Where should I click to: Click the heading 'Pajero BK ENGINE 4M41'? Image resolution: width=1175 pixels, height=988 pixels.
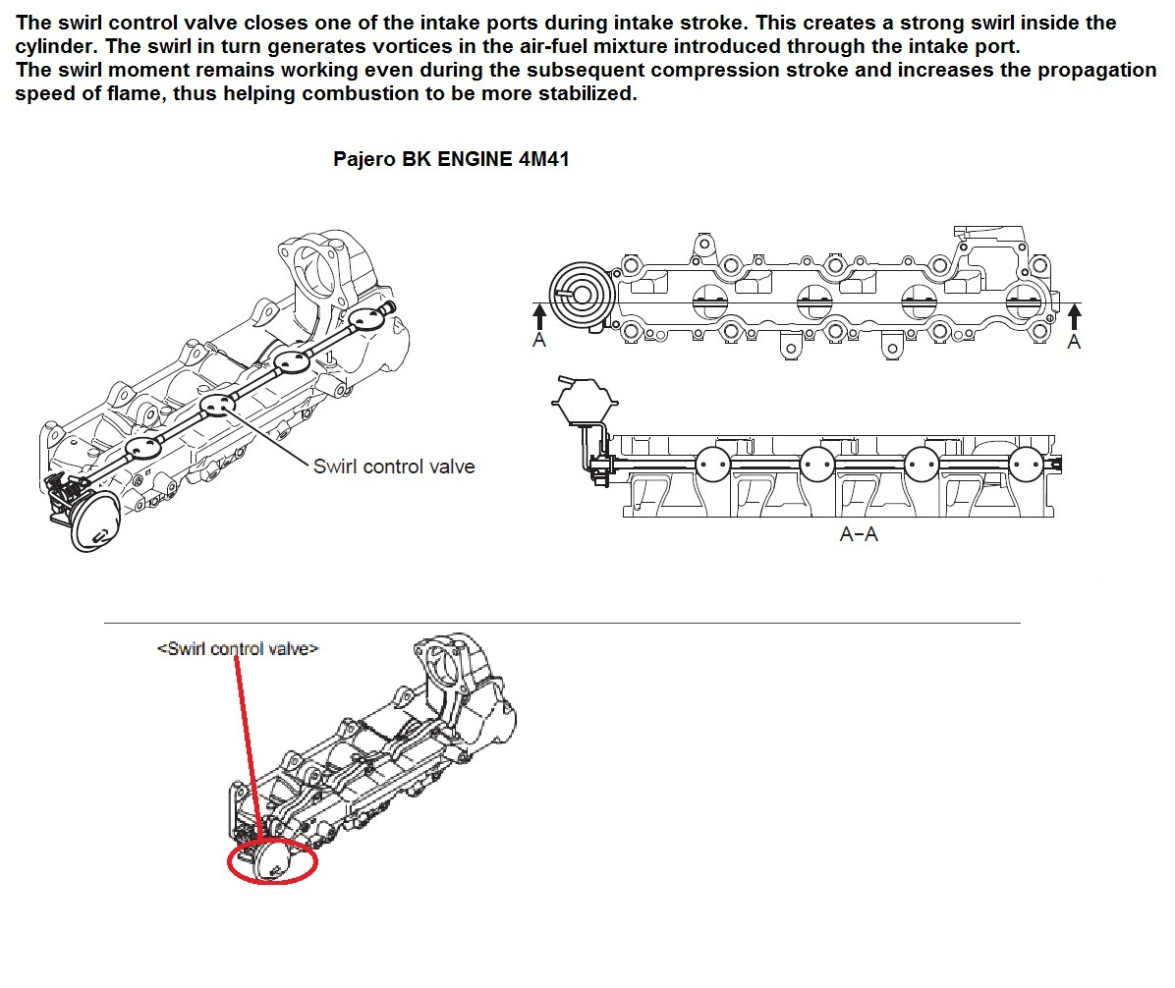pos(451,160)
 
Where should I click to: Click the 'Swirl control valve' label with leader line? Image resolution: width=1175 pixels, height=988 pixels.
pos(393,466)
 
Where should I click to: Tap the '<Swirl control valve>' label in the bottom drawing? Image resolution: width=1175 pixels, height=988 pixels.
pos(238,649)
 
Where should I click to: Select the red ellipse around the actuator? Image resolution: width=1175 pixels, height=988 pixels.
pos(273,862)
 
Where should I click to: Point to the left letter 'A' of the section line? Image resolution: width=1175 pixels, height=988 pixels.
pos(538,341)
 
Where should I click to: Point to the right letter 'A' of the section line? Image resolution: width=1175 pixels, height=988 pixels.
pos(1074,341)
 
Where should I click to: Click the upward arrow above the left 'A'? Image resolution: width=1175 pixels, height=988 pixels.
pos(538,316)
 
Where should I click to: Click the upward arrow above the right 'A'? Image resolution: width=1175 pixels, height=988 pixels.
pos(1074,316)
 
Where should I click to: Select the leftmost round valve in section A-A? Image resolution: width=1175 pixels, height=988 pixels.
pos(713,463)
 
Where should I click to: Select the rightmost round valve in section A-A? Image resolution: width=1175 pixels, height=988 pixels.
pos(1026,463)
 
